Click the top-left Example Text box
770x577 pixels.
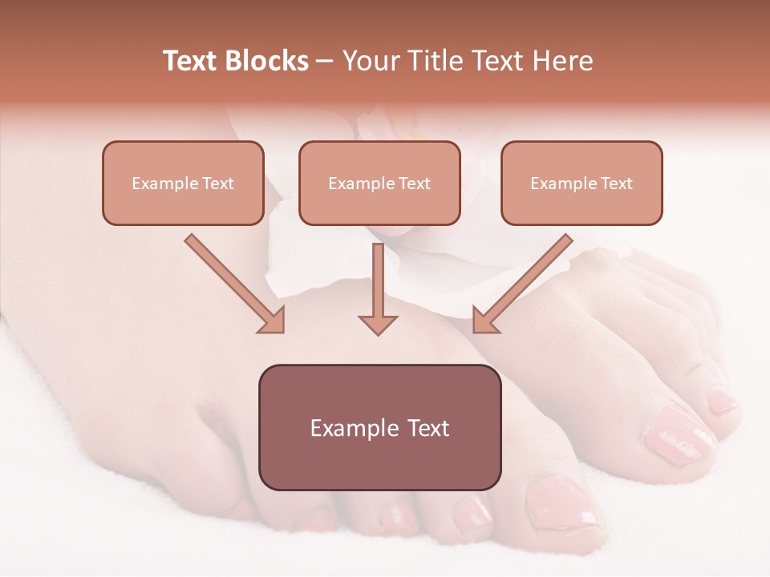point(183,183)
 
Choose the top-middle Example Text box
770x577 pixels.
point(379,183)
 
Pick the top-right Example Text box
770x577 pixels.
point(582,183)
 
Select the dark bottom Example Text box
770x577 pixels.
point(379,427)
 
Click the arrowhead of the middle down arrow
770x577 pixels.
point(378,325)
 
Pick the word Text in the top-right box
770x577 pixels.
point(616,184)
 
